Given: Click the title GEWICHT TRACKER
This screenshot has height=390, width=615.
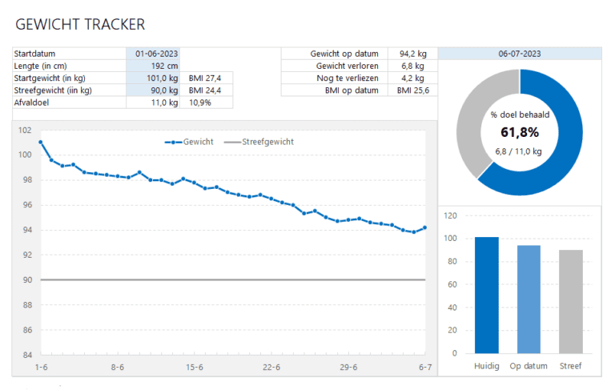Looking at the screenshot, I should (x=80, y=25).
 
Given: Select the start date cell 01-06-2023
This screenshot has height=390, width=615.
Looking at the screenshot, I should (x=155, y=54).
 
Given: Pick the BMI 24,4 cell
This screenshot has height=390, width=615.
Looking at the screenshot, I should (x=205, y=90).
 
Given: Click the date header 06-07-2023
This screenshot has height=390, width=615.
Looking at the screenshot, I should (x=519, y=54).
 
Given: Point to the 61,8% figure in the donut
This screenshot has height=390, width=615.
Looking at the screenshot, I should (x=519, y=133).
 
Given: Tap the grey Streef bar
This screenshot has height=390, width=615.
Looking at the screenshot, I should (x=570, y=301).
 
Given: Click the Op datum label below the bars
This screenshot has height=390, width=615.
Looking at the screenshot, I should (x=529, y=366).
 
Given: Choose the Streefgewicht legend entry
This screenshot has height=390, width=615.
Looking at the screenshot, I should (x=259, y=142).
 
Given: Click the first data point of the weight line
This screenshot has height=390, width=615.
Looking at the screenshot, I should (x=40, y=142).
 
